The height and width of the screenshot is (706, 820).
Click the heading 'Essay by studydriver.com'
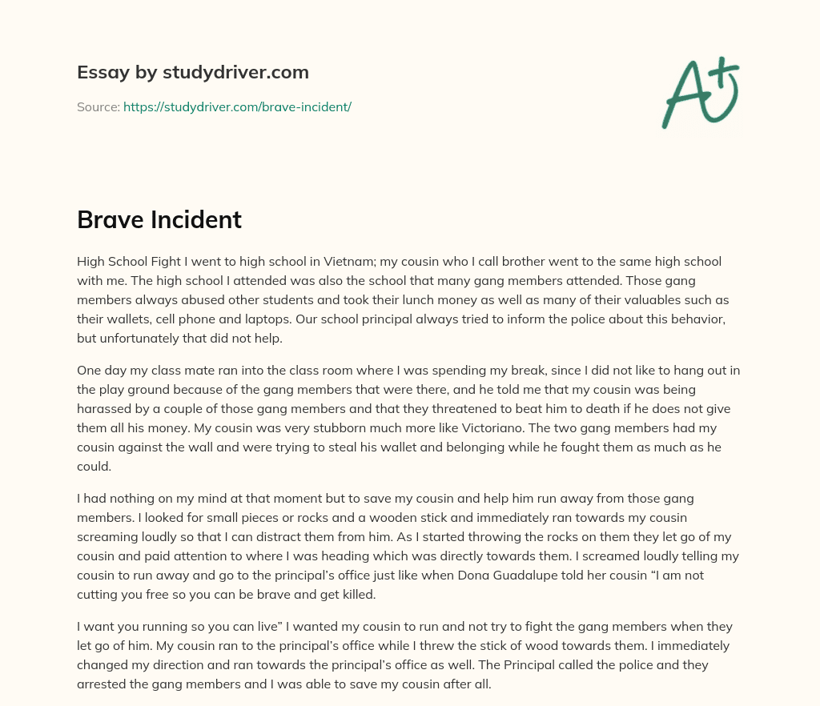pyautogui.click(x=193, y=72)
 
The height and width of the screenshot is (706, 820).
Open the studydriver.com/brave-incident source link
pyautogui.click(x=237, y=106)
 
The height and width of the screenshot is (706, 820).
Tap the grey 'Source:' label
pyautogui.click(x=98, y=106)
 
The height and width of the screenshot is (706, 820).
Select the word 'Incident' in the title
pyautogui.click(x=196, y=220)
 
